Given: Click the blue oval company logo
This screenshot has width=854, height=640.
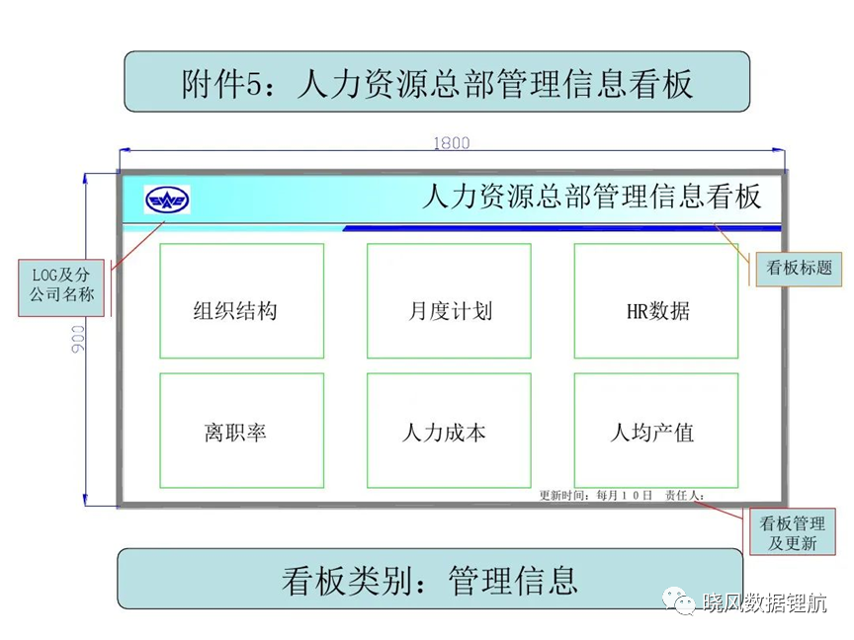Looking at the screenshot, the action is click(x=167, y=200).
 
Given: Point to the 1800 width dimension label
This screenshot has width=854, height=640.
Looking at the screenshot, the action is click(x=452, y=142).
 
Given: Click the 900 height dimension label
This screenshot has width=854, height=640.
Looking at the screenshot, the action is click(x=78, y=339).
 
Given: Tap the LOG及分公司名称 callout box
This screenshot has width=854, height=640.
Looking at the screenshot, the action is click(x=61, y=287).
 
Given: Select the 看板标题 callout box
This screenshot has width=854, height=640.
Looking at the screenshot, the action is click(x=799, y=268).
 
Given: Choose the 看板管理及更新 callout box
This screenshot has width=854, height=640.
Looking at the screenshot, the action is click(x=793, y=532).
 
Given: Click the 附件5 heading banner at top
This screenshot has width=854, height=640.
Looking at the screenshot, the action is click(x=437, y=82).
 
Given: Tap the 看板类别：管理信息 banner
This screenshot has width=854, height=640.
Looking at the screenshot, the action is click(x=430, y=579).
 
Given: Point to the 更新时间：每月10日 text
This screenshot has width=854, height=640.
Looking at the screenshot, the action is click(x=595, y=495).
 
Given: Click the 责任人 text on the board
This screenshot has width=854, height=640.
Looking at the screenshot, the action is click(x=685, y=495).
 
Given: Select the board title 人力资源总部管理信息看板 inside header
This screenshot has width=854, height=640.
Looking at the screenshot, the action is click(x=591, y=197).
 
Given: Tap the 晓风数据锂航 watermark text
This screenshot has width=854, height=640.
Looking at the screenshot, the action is click(x=765, y=602).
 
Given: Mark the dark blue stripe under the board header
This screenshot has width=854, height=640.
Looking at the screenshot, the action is click(x=562, y=228).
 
